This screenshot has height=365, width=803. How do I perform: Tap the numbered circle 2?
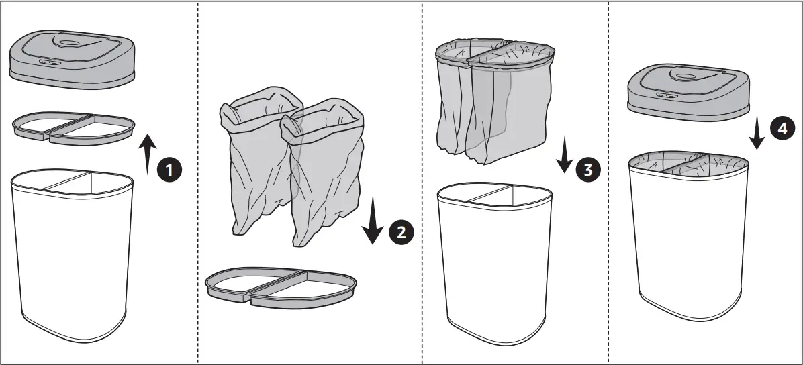coord(402,232)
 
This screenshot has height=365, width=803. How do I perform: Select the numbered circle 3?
coord(587,170)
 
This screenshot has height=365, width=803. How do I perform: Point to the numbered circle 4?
coord(780,130)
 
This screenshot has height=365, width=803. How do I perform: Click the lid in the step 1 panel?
coord(72,60)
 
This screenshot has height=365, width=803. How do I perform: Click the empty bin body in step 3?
coord(494,262)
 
